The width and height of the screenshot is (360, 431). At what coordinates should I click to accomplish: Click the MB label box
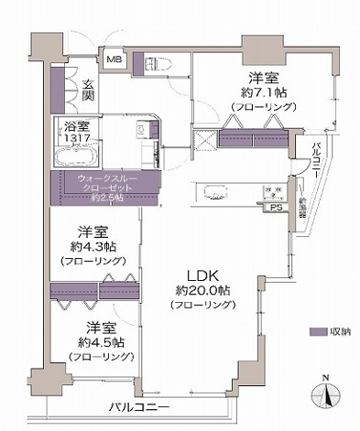[x=114, y=60]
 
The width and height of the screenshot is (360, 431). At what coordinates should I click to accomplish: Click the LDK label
[x=202, y=274]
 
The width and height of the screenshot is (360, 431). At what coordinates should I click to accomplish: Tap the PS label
[x=274, y=208]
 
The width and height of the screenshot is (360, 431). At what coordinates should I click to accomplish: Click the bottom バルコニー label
[x=137, y=405]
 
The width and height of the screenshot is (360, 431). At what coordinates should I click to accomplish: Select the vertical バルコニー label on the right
[x=314, y=156]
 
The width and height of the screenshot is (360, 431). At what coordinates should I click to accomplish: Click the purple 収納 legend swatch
[x=318, y=332]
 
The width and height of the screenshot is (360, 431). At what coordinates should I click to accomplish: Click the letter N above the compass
[x=326, y=377]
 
